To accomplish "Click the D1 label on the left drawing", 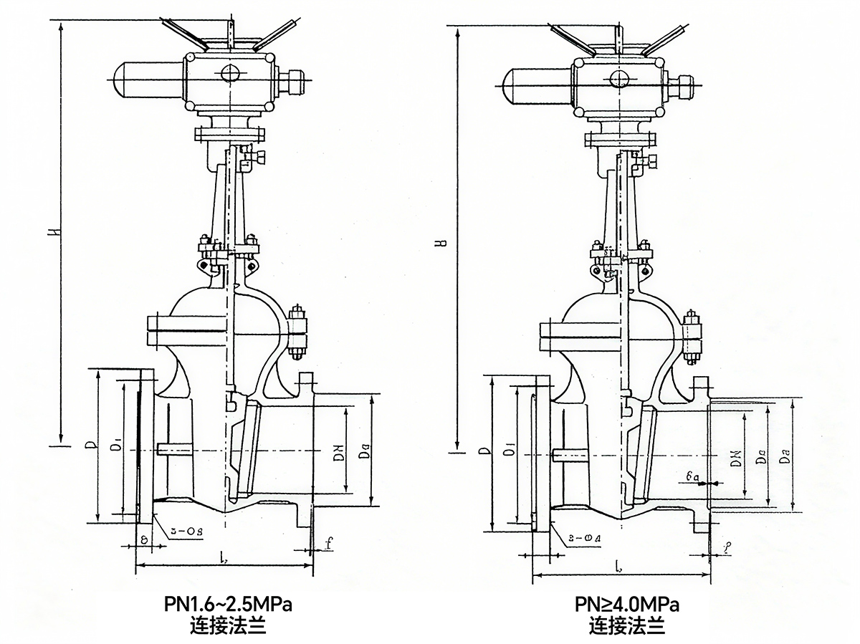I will click(x=115, y=448).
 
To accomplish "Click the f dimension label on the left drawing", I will click(x=328, y=544).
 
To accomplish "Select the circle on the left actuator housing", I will click(x=230, y=73).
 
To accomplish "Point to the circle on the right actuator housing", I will click(x=618, y=77).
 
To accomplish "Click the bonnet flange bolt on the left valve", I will click(x=297, y=332).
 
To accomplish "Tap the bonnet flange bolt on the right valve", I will click(x=692, y=337).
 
